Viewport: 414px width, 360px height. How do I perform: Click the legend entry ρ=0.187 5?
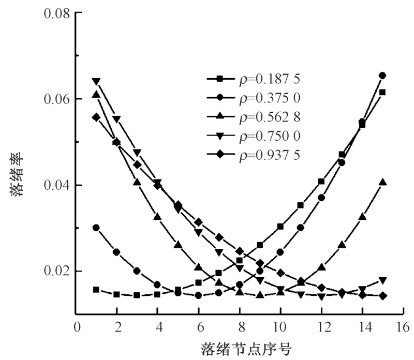(x=254, y=79)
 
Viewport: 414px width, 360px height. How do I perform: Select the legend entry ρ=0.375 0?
(x=254, y=98)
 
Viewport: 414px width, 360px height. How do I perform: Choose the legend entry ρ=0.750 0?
(x=254, y=136)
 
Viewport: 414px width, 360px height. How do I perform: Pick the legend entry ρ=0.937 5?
(x=254, y=155)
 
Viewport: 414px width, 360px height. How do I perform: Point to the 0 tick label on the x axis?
(x=77, y=327)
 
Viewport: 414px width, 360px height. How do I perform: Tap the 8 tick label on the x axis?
(x=240, y=327)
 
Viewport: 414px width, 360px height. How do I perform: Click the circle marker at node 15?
(x=382, y=76)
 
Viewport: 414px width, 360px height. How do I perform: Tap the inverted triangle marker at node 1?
(x=96, y=81)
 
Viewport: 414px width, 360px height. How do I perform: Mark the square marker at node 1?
(x=96, y=290)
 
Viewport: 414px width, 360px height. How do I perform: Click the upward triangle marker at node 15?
(x=382, y=182)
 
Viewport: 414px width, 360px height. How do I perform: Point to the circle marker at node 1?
(x=96, y=228)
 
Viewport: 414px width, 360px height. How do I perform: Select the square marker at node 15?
(x=382, y=92)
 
